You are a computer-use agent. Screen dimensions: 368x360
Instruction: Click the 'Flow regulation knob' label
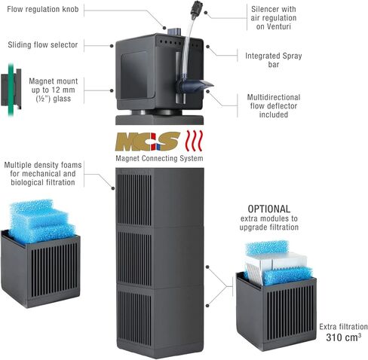(x=43, y=9)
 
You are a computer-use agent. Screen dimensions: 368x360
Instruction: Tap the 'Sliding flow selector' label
(x=43, y=44)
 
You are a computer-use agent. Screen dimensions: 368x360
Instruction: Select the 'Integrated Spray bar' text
(x=274, y=60)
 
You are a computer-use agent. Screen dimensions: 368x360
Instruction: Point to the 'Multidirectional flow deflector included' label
(x=274, y=105)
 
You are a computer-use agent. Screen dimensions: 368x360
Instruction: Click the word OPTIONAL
(x=269, y=209)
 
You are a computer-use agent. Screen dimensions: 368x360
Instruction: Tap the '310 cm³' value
(x=344, y=337)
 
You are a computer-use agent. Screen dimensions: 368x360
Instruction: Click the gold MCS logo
(x=147, y=141)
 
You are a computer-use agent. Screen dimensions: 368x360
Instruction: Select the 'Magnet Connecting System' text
(x=159, y=158)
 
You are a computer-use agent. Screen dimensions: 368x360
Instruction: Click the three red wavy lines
(x=194, y=141)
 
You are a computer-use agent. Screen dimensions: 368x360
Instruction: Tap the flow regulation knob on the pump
(x=174, y=32)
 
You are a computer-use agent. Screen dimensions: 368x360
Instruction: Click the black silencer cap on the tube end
(x=195, y=9)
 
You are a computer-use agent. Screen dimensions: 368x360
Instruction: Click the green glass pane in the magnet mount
(x=11, y=90)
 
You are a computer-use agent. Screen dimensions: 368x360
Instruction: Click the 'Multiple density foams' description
(x=43, y=174)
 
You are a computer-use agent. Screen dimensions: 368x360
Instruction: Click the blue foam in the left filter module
(x=41, y=221)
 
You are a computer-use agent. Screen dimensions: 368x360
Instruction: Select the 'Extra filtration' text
(x=343, y=327)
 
